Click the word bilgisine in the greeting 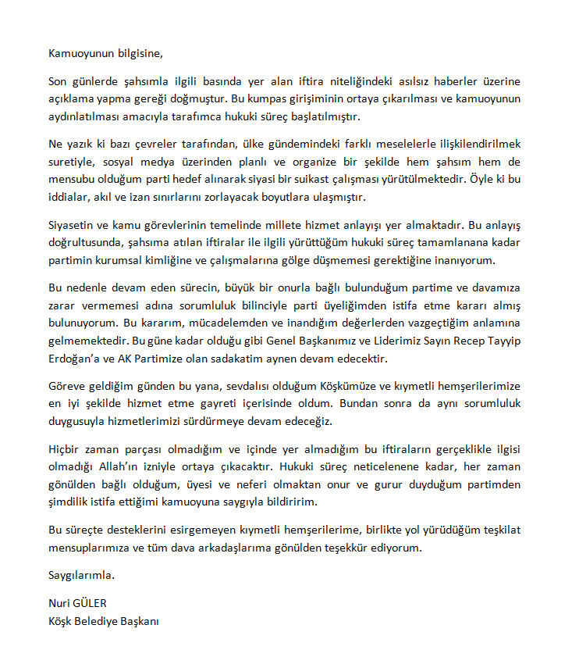click(x=139, y=54)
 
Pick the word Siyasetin click(x=73, y=224)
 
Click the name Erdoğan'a click(x=75, y=359)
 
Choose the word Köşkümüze click(x=350, y=387)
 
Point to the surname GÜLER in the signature click(x=91, y=604)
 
